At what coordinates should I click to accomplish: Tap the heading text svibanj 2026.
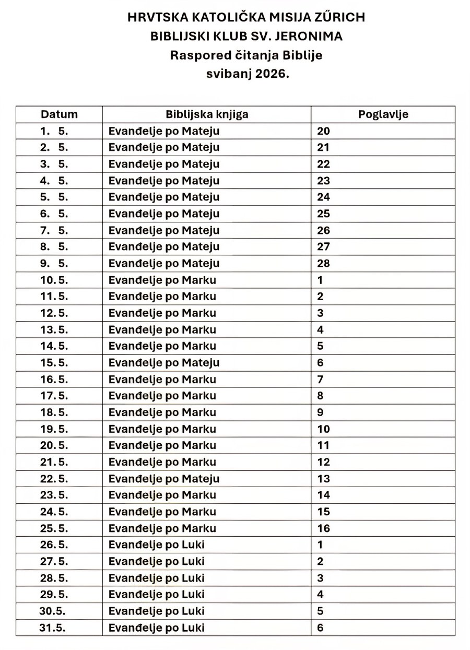tap(247, 74)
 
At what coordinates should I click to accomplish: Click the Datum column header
tap(59, 114)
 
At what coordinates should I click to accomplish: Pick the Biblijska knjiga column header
tap(207, 114)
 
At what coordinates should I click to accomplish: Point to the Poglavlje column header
tap(383, 114)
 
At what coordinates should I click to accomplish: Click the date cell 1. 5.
tap(54, 131)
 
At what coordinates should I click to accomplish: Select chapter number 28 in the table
tap(324, 263)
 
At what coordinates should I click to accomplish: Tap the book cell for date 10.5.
tap(162, 280)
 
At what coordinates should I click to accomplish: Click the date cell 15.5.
tap(55, 362)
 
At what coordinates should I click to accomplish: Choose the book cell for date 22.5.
tap(164, 478)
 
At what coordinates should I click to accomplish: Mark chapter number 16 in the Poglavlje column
tap(324, 528)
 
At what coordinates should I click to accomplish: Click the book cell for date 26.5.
tap(157, 545)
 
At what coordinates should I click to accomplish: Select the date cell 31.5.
tap(53, 628)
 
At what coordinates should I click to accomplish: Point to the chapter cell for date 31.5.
tap(321, 628)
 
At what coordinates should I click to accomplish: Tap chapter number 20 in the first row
tap(324, 131)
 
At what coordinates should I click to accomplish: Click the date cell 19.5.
tap(55, 429)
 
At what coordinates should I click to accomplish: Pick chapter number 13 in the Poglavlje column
tap(324, 478)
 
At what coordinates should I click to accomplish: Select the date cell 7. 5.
tap(54, 230)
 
